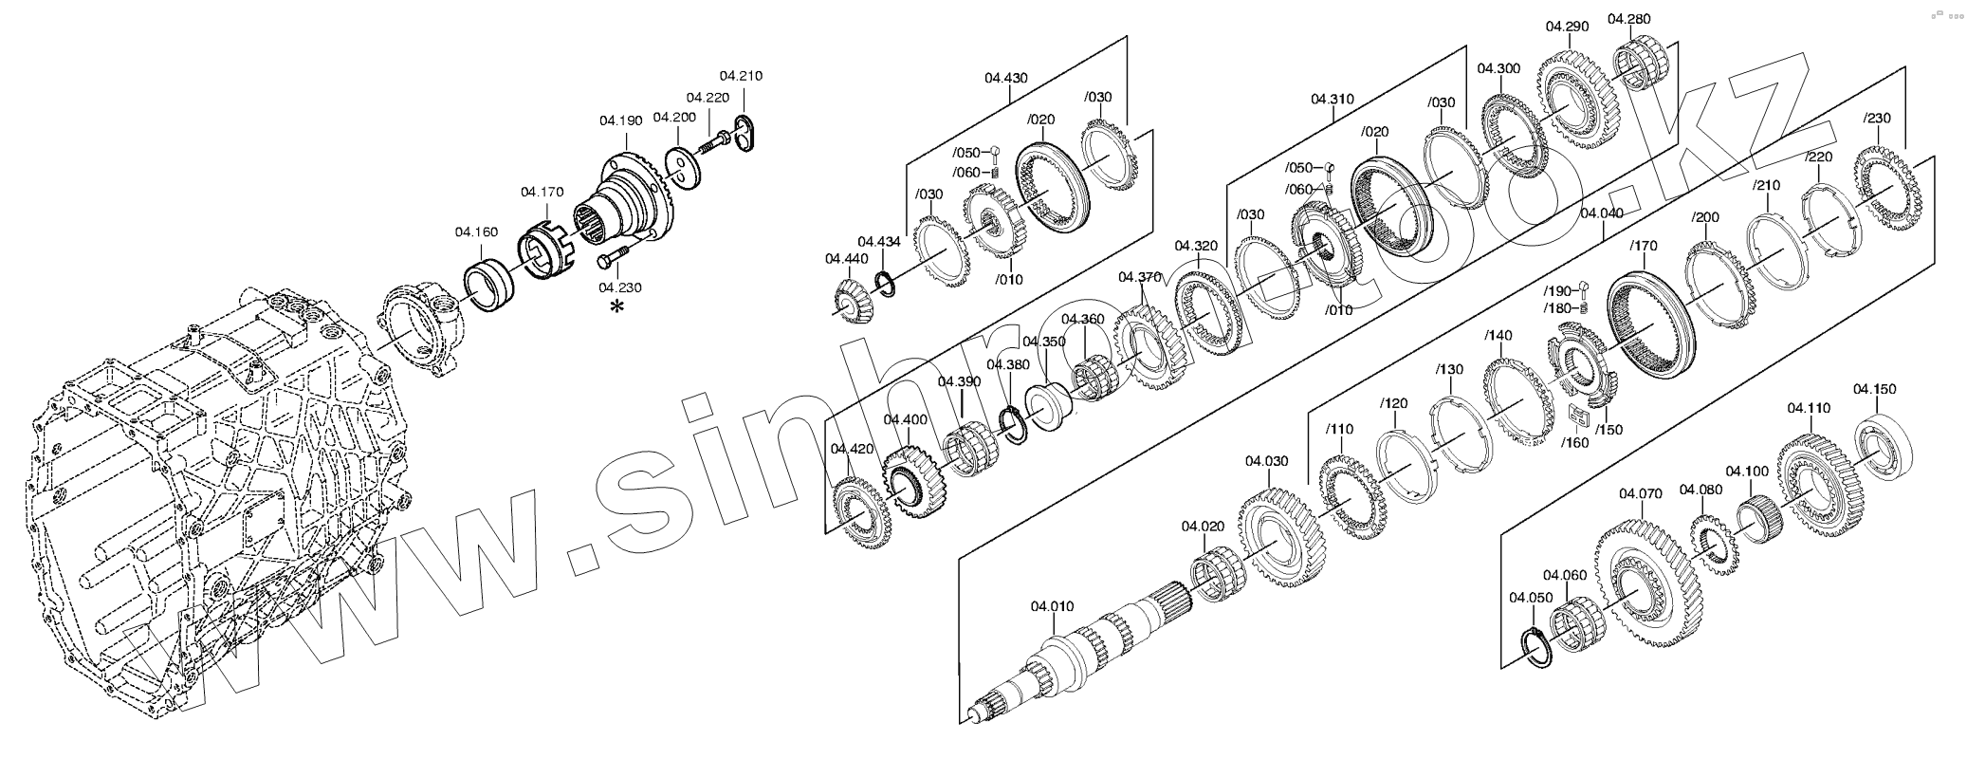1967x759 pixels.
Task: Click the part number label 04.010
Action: pos(1052,605)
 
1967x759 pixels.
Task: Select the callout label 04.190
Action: pos(620,120)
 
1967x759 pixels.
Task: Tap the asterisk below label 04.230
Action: pos(617,306)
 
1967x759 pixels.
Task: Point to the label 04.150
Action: pos(1874,389)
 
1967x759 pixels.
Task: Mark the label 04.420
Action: pos(852,449)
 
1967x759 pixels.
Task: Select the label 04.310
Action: pos(1333,99)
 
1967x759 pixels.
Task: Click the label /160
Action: pos(1577,442)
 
